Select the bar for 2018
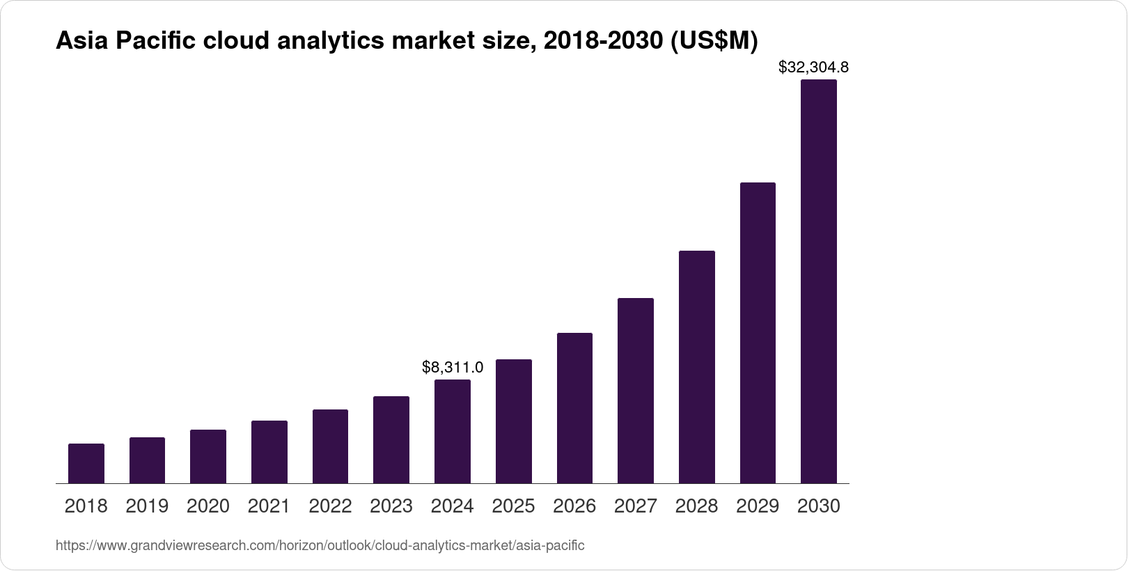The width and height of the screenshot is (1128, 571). click(x=86, y=464)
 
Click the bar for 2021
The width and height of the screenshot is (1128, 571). click(x=269, y=452)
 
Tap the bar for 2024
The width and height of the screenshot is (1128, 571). click(x=453, y=432)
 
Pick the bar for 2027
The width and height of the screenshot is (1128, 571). click(x=636, y=391)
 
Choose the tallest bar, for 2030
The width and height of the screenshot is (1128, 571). click(x=819, y=281)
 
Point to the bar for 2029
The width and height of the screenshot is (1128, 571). click(x=758, y=333)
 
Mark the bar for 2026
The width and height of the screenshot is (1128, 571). click(x=574, y=408)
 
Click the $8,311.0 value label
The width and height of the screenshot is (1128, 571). click(x=453, y=367)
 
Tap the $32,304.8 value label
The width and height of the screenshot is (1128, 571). click(x=813, y=68)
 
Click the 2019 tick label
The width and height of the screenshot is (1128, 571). click(x=147, y=506)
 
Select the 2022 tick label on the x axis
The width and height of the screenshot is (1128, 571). click(x=330, y=506)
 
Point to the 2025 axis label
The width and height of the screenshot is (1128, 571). click(x=513, y=506)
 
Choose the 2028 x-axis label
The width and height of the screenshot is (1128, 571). click(x=696, y=506)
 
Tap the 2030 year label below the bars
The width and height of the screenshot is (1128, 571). click(x=819, y=506)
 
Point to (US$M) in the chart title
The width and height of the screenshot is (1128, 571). click(x=713, y=42)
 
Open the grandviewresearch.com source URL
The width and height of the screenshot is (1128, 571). click(x=320, y=545)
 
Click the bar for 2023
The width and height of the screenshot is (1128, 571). click(x=391, y=440)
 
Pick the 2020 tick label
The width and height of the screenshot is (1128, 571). click(x=208, y=506)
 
